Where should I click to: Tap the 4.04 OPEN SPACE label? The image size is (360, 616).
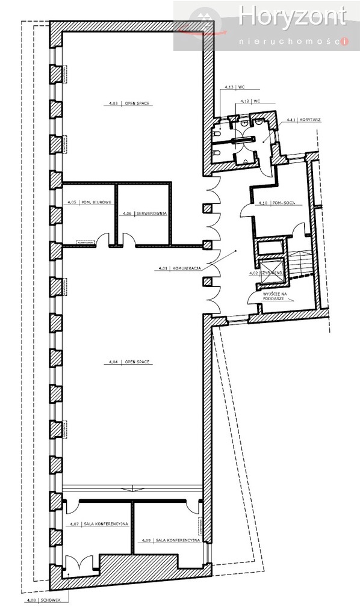click(x=129, y=363)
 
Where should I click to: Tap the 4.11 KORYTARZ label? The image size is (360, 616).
click(x=303, y=120)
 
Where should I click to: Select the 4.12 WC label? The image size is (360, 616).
click(x=249, y=101)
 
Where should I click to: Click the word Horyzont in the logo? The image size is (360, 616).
click(x=292, y=17)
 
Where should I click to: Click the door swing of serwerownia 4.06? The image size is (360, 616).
click(x=127, y=240)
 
